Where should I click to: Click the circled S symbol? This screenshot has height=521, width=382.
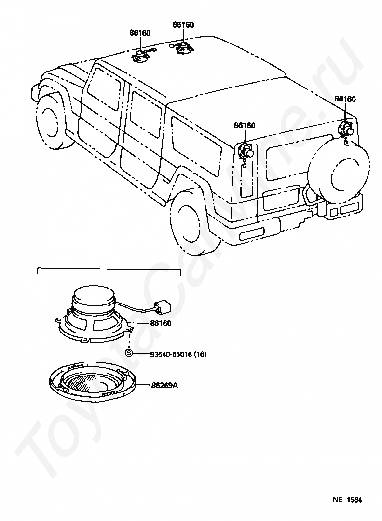[129, 353]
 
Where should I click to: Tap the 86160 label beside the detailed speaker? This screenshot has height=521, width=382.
[161, 323]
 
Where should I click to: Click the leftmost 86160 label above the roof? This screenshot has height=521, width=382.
[140, 33]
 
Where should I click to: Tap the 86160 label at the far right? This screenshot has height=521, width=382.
[345, 99]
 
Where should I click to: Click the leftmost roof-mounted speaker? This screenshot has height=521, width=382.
[140, 55]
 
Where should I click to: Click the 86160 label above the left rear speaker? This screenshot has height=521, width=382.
[245, 125]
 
